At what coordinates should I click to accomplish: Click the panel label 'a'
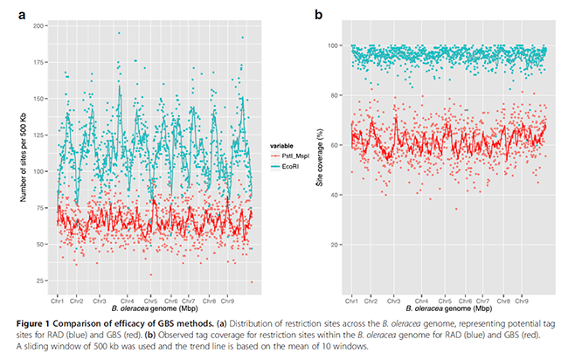point(11,14)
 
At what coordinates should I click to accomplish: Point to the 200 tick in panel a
point(41,26)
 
